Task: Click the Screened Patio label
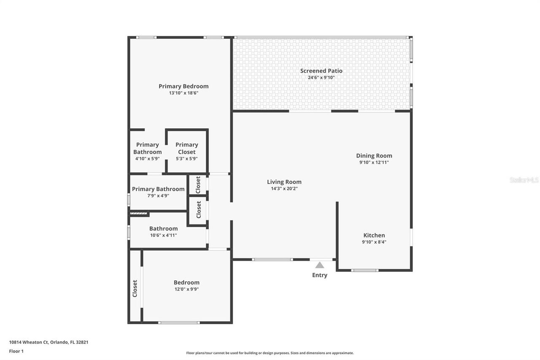(x=321, y=71)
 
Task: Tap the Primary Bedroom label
(x=184, y=86)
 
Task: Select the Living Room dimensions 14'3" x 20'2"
(x=284, y=189)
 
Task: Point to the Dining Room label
(x=374, y=156)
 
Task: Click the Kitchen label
(x=374, y=235)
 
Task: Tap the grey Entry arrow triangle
(x=320, y=265)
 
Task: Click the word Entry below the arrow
(x=320, y=275)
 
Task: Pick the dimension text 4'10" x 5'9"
(x=147, y=159)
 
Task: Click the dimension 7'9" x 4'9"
(x=158, y=196)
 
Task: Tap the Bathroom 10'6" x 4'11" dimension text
(x=163, y=235)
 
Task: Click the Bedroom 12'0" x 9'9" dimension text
(x=186, y=289)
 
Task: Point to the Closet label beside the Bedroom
(x=135, y=288)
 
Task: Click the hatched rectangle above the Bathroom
(x=138, y=214)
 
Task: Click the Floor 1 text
(x=16, y=351)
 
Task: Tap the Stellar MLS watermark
(x=524, y=180)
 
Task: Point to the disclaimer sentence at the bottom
(x=270, y=353)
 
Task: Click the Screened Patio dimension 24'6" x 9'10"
(x=321, y=78)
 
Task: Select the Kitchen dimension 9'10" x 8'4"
(x=374, y=242)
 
